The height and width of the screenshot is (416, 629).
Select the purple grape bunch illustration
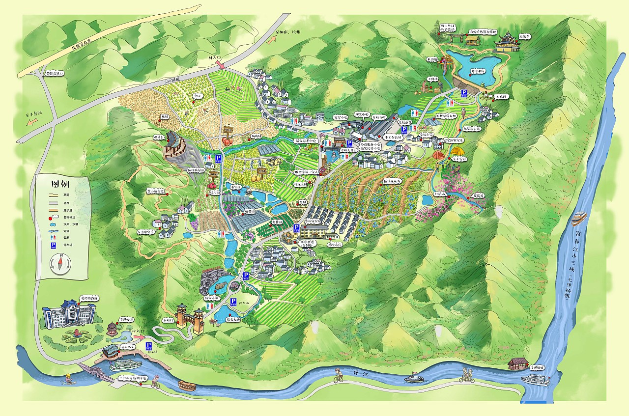pyautogui.click(x=195, y=224)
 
